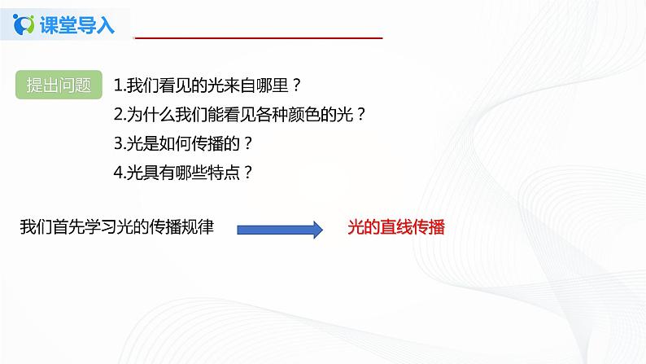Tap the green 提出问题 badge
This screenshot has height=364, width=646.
[x=59, y=85]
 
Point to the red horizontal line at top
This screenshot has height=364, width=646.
[x=258, y=37]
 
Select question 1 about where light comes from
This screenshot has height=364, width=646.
[x=208, y=85]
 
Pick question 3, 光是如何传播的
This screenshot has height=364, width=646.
[x=184, y=143]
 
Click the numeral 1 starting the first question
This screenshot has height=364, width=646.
[x=119, y=85]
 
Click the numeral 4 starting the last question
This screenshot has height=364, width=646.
[x=119, y=173]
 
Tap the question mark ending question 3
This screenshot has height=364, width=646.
[x=248, y=143]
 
